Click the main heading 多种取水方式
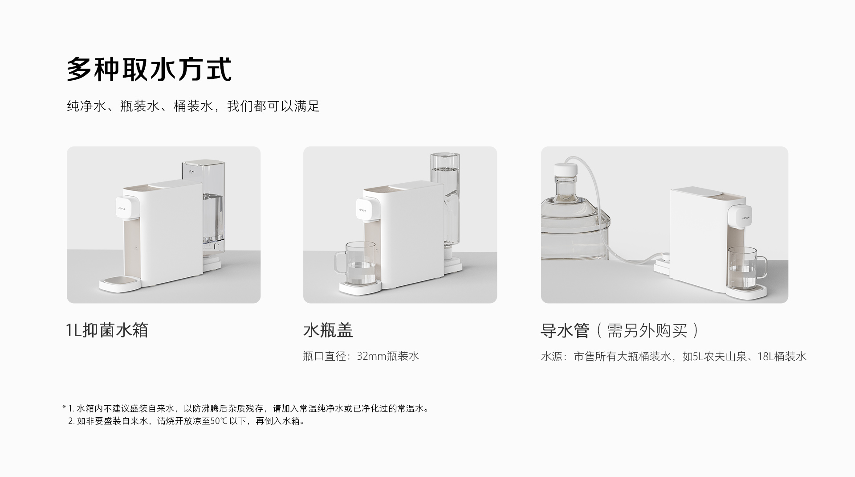149,70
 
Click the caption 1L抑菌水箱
107,330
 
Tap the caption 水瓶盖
328,330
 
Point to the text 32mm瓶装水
388,356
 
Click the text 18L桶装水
782,357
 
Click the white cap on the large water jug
565,170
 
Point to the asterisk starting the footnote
64,407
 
